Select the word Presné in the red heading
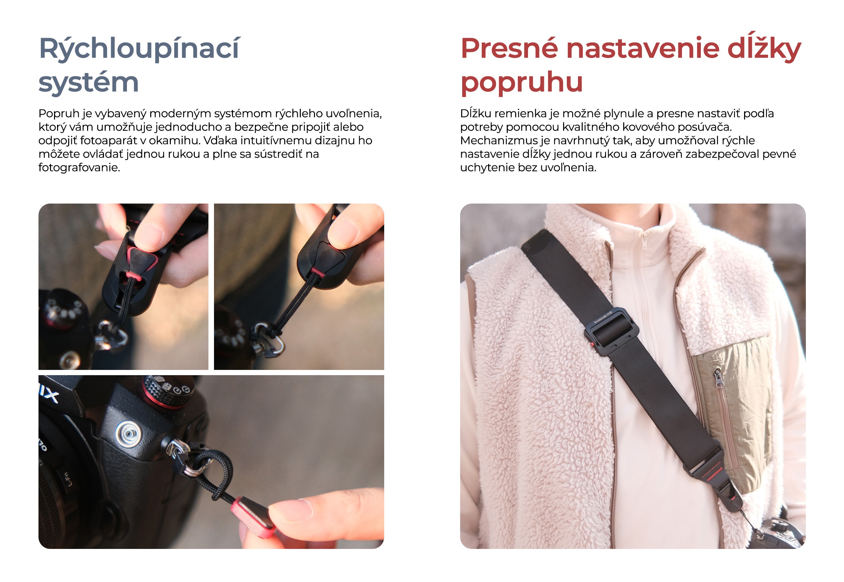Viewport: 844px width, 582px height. pyautogui.click(x=509, y=49)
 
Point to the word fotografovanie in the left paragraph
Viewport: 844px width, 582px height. pyautogui.click(x=79, y=168)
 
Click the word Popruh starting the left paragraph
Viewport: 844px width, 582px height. pyautogui.click(x=59, y=113)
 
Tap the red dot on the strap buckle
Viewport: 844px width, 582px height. pyautogui.click(x=592, y=344)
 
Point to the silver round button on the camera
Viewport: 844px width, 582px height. pyautogui.click(x=128, y=433)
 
